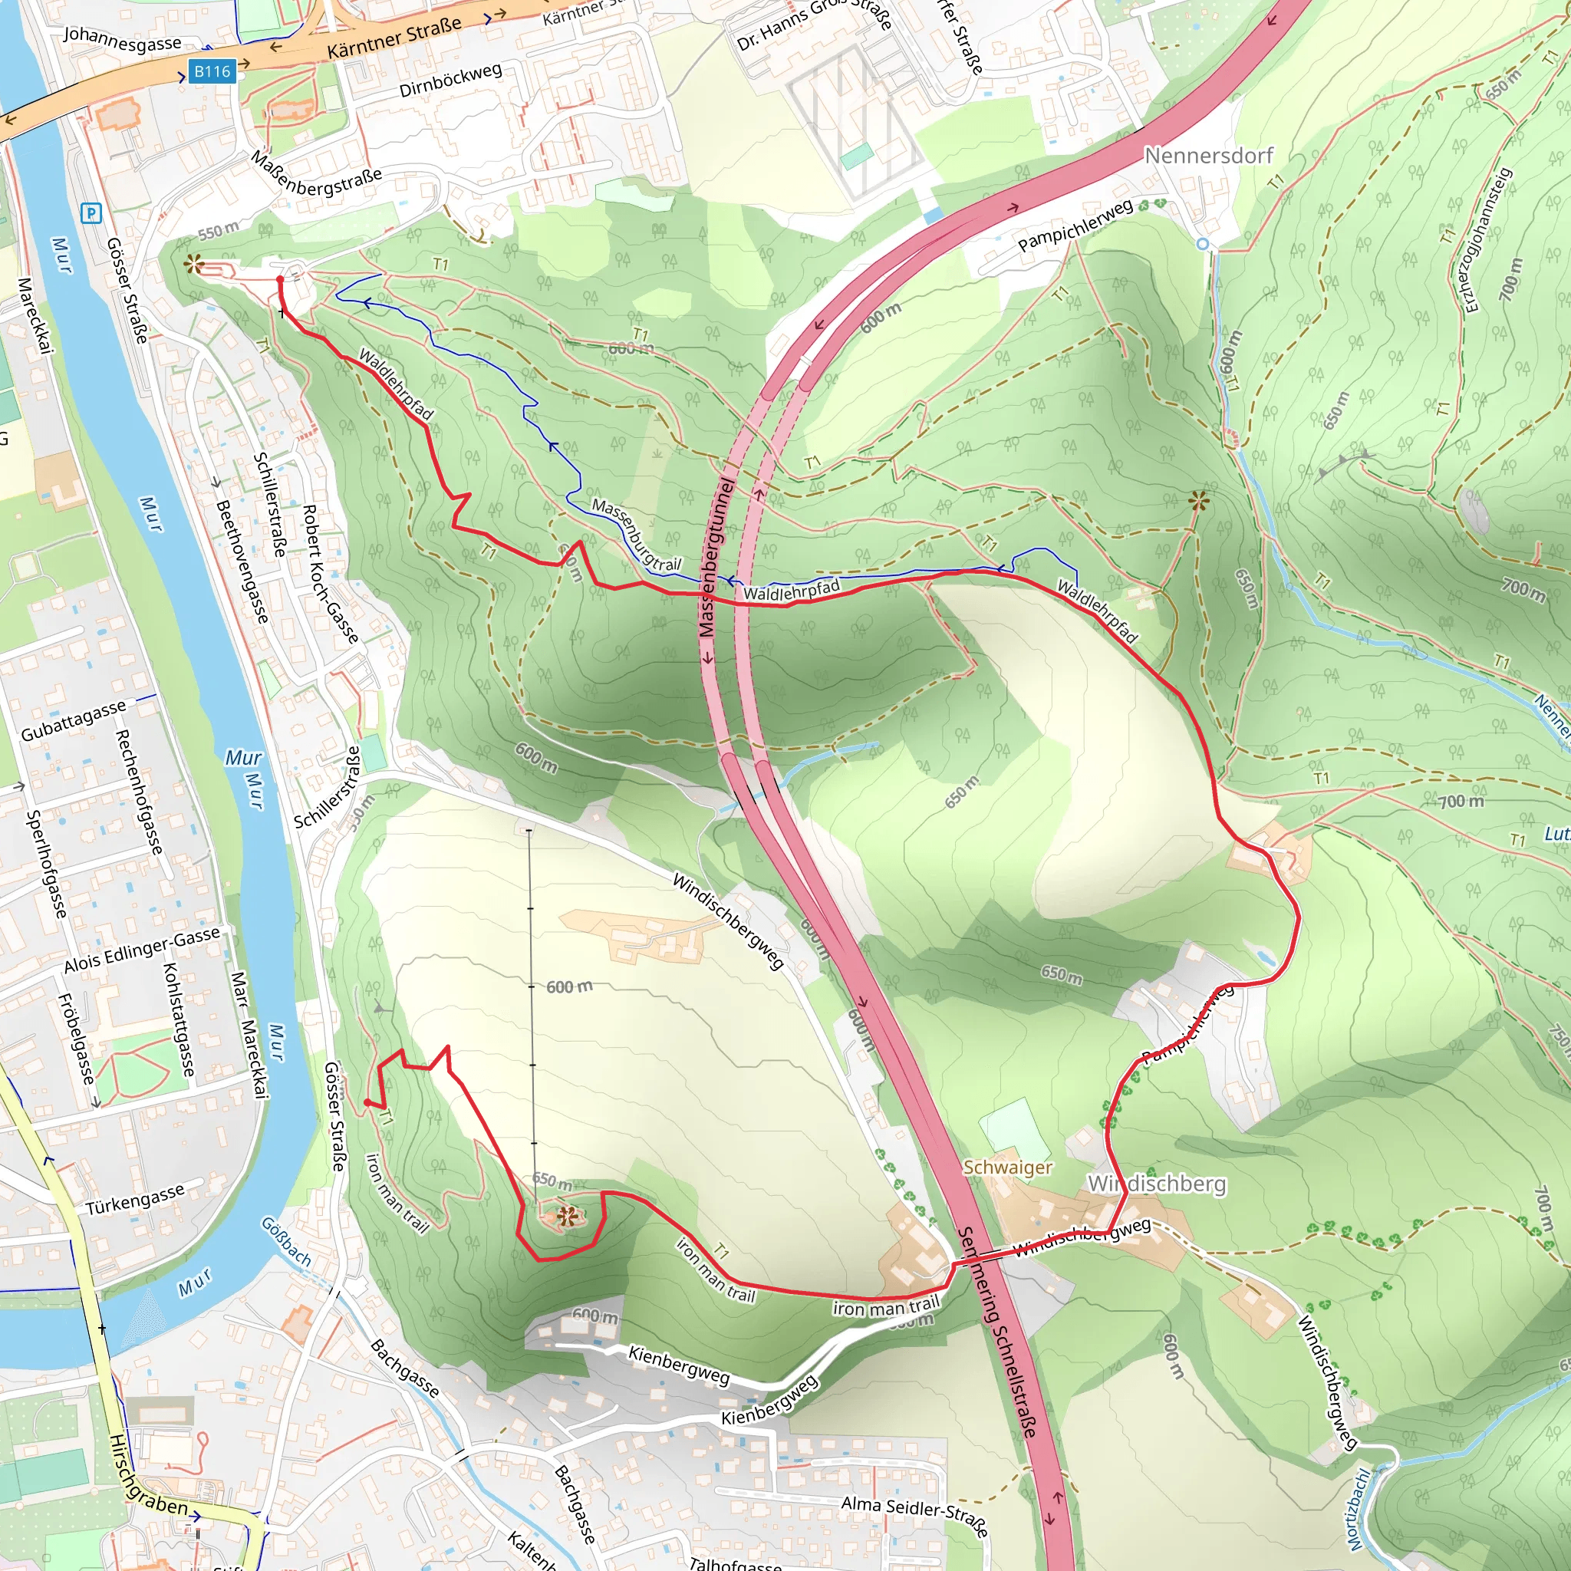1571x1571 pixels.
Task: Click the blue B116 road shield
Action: [x=212, y=71]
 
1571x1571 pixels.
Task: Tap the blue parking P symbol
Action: [x=91, y=213]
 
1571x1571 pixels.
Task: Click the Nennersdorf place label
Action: [x=1208, y=155]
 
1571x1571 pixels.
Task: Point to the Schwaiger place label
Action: [x=1007, y=1168]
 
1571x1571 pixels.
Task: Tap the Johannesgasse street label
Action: [x=123, y=38]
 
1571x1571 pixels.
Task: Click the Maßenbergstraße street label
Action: [x=315, y=173]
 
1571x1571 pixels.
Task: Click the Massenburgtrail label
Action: [x=636, y=534]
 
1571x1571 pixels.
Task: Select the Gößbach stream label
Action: [x=286, y=1241]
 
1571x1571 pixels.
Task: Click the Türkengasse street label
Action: [x=136, y=1200]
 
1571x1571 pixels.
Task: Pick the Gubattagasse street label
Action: [x=73, y=721]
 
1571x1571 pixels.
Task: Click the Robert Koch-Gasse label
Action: [x=329, y=573]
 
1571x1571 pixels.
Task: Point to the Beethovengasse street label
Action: [x=242, y=562]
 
